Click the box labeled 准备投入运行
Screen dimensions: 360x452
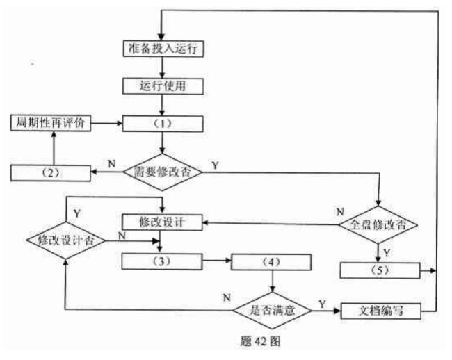[162, 49]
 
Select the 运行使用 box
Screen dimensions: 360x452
[162, 87]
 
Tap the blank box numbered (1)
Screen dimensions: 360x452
[162, 124]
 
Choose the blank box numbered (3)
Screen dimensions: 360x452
[162, 262]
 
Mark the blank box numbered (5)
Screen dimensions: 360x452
[380, 268]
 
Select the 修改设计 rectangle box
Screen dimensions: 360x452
[162, 222]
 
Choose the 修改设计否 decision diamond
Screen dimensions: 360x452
[65, 240]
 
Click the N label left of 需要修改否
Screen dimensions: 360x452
[111, 164]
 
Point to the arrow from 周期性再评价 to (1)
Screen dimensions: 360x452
[106, 124]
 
